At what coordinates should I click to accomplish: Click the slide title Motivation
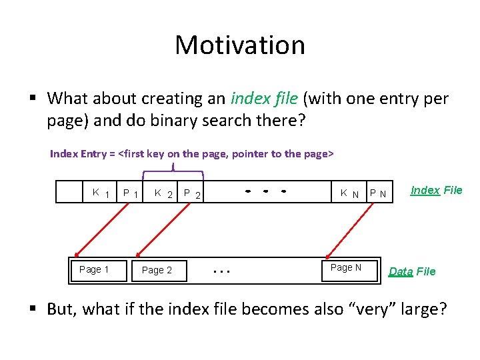pos(240,45)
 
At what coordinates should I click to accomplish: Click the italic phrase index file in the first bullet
pos(264,99)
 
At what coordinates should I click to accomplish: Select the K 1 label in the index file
pos(101,193)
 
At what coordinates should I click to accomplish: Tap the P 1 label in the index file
pos(131,194)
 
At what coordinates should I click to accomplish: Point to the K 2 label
pos(163,194)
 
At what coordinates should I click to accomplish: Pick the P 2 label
pos(193,194)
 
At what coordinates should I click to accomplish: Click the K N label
pos(349,194)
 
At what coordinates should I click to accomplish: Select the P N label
pos(378,194)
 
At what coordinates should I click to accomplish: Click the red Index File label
pos(436,190)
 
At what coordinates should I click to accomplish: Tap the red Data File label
pos(412,271)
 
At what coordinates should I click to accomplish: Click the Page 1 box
pos(93,269)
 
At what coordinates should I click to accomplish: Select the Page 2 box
pos(157,270)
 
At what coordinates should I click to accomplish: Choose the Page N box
pos(346,267)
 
